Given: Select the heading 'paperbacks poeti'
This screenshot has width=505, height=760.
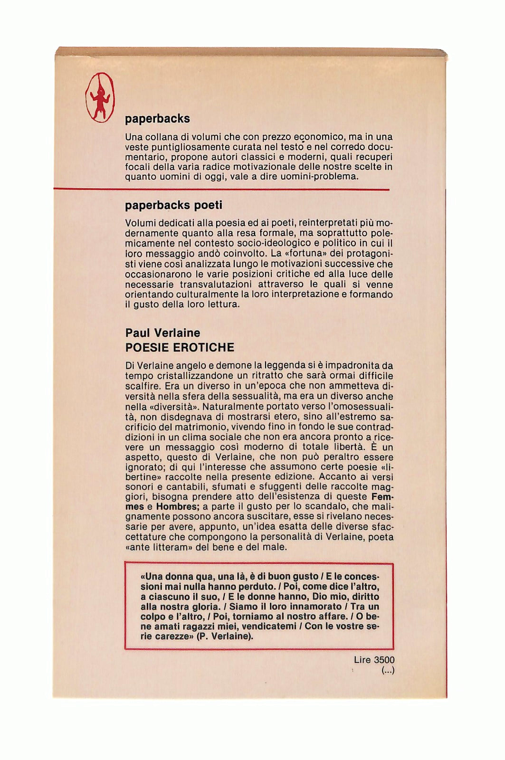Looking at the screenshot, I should click(x=173, y=206).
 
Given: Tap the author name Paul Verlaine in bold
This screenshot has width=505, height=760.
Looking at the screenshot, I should click(x=163, y=333).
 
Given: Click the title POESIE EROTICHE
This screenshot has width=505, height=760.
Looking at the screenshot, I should click(x=180, y=348).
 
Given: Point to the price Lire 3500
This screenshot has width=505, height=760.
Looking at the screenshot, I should click(x=374, y=660).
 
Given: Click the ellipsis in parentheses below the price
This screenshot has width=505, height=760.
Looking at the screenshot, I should click(x=388, y=671).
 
